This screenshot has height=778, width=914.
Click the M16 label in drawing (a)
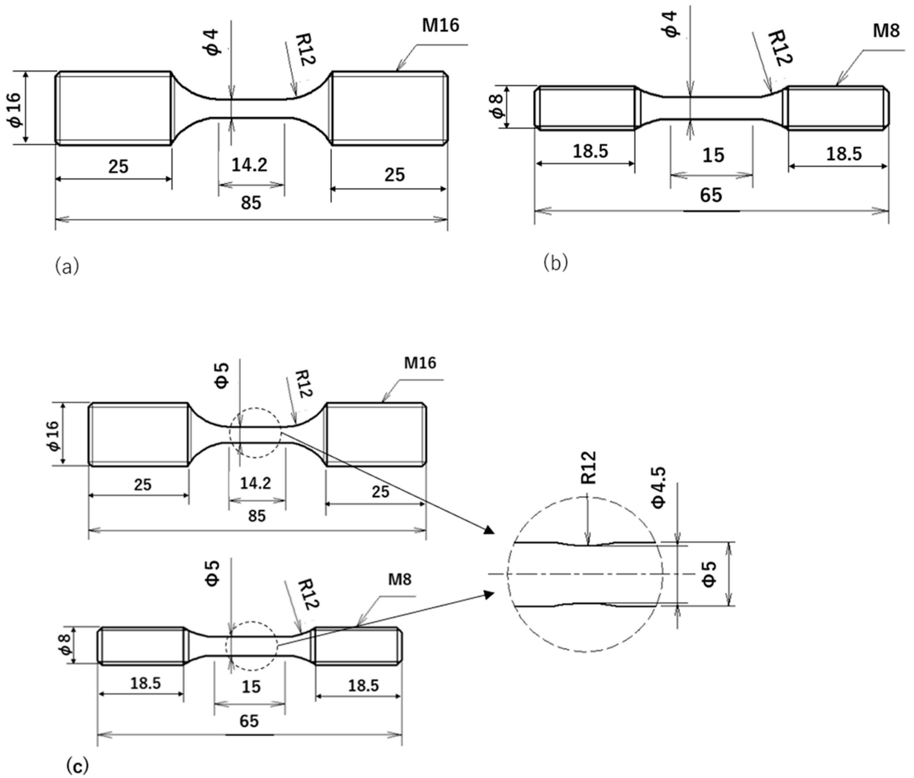click(x=440, y=26)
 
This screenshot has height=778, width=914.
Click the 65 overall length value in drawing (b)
click(x=711, y=195)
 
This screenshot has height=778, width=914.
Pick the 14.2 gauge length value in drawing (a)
click(x=249, y=165)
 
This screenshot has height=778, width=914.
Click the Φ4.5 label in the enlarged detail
click(x=658, y=488)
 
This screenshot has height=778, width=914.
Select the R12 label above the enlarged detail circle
click(x=589, y=468)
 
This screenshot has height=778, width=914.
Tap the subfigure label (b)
click(x=556, y=263)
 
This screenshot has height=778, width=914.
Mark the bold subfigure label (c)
click(x=77, y=765)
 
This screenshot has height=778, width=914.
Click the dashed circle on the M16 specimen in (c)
click(x=256, y=433)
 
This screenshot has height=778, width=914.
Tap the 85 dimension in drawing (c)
click(x=257, y=516)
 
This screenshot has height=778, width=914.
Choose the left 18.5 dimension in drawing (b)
click(x=590, y=151)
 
